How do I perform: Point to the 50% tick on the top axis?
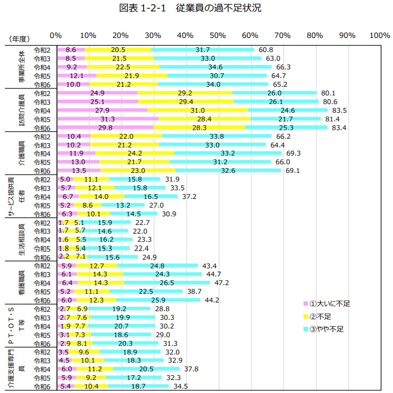pos(217,35)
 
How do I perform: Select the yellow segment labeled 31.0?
pos(198,110)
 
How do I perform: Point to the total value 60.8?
pos(266,50)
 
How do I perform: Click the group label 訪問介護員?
pos(22,110)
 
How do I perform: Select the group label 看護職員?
pos(22,282)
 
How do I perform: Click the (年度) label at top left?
pos(19,38)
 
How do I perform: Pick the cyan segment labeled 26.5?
pos(166,282)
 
